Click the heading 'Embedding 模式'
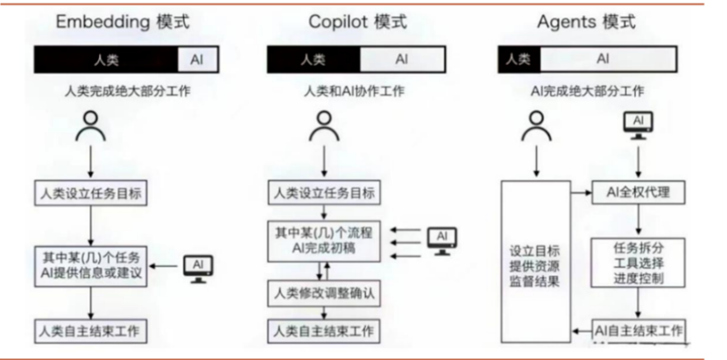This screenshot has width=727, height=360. point(123,23)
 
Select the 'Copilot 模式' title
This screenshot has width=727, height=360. point(358,23)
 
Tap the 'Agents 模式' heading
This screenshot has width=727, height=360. point(587,23)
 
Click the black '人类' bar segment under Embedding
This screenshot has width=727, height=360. point(106,60)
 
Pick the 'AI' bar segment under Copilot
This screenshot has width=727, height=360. point(401,60)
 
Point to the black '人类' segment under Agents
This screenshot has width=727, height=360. point(518,60)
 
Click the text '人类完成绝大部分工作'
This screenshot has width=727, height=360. point(123,90)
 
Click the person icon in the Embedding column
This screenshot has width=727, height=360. point(90,128)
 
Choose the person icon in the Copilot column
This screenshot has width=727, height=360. point(324,128)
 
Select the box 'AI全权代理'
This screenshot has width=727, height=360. point(638,192)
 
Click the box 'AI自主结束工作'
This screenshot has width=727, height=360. point(638,330)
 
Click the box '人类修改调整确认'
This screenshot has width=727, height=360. point(325,292)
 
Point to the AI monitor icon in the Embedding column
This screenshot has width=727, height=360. point(199,266)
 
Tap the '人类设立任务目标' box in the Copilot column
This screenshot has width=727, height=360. point(325,193)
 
